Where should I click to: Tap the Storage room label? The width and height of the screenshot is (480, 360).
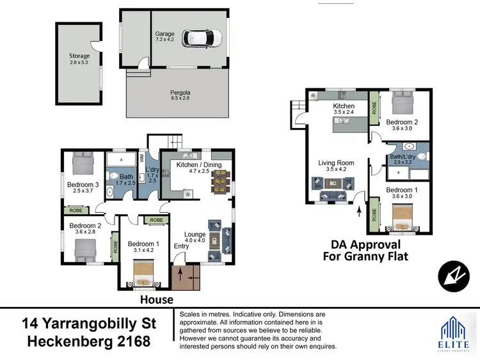[x=80, y=59]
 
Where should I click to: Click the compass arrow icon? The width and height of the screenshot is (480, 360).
[x=453, y=277]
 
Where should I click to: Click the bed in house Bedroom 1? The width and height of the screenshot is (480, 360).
[x=144, y=275]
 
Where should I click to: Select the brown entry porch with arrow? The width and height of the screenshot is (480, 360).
[x=186, y=276]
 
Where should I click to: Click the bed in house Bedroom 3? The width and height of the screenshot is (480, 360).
[x=83, y=163]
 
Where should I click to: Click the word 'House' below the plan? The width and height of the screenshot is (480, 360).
[x=157, y=299]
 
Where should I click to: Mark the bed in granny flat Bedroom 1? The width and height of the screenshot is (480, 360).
[x=400, y=223]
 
